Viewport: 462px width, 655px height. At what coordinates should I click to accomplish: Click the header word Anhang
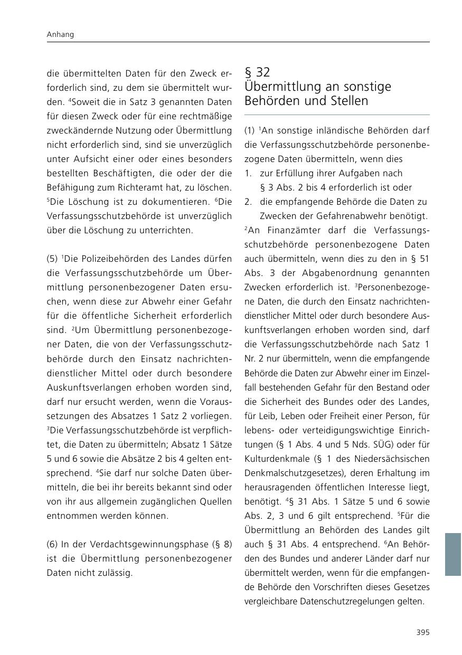(x=60, y=35)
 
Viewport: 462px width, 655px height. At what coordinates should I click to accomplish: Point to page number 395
(x=422, y=632)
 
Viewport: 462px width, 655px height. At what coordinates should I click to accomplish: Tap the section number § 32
(x=257, y=72)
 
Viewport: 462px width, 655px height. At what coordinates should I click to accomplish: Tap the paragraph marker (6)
(x=52, y=544)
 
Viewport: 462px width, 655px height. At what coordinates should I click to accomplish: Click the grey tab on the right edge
(x=453, y=554)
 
